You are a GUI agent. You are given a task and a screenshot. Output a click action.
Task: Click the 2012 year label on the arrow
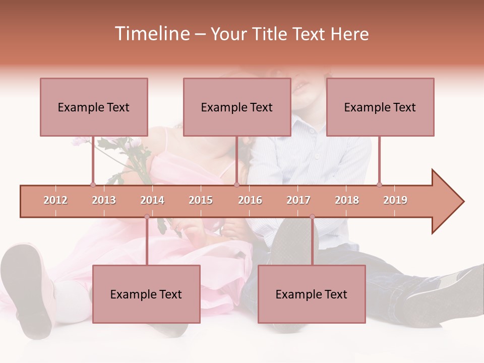[55, 200]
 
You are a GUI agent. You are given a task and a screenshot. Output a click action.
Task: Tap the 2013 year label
[104, 200]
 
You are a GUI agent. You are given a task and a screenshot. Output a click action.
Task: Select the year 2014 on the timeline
[152, 200]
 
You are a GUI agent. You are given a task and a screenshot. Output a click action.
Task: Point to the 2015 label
[201, 200]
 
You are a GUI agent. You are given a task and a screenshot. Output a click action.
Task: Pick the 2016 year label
[250, 200]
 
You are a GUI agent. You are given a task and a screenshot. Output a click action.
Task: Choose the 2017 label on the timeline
[298, 200]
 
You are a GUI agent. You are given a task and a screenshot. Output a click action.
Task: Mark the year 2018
[347, 200]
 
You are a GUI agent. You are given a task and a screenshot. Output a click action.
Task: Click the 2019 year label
[395, 200]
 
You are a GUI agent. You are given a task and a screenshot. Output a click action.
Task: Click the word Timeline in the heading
[151, 34]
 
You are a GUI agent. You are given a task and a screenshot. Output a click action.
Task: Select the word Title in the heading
[271, 34]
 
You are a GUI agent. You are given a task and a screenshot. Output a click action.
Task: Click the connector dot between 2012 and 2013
[93, 185]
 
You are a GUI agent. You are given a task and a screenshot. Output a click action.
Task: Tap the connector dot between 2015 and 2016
[236, 185]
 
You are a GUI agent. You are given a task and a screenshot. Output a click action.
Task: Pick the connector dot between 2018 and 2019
[379, 185]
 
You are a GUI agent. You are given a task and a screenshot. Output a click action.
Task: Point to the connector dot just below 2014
[147, 217]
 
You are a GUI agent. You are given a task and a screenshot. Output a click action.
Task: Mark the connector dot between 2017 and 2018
[312, 217]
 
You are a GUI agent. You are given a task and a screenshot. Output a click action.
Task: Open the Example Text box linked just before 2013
[94, 107]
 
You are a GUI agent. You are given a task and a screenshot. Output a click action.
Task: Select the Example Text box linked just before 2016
[237, 107]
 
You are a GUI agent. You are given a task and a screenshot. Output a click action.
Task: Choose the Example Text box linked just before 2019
[380, 107]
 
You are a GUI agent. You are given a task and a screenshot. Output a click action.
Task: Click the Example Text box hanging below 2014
[146, 294]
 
